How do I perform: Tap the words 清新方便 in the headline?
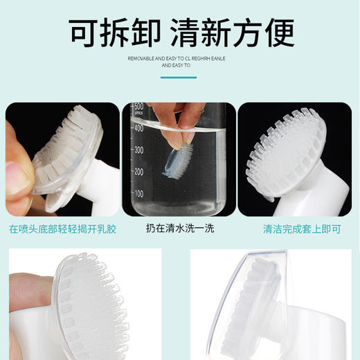[x=236, y=32]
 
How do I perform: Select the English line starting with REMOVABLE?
[x=180, y=60]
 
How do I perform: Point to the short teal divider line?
[x=180, y=77]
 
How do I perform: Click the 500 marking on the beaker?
[x=139, y=107]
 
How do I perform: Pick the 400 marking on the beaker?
[x=139, y=128]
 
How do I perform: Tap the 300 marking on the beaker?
[x=139, y=150]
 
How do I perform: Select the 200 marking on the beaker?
[x=139, y=171]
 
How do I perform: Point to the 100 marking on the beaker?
[x=139, y=193]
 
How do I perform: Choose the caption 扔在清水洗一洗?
[x=179, y=228]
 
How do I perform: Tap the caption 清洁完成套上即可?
[x=296, y=228]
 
